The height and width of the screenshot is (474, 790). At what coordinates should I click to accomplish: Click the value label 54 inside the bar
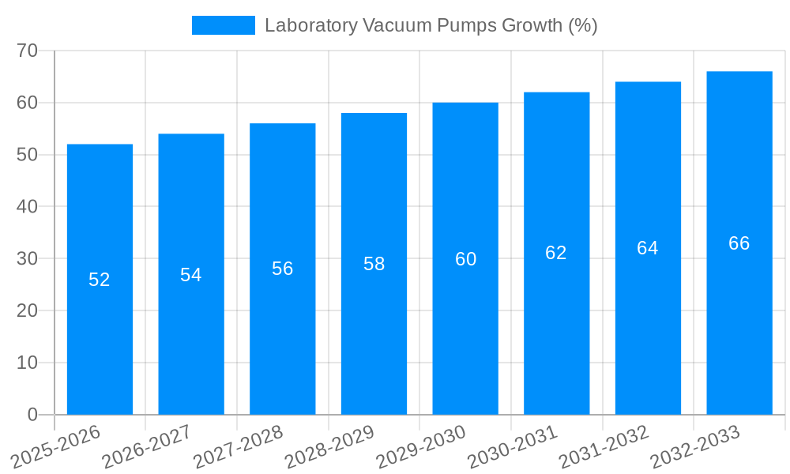click(x=191, y=275)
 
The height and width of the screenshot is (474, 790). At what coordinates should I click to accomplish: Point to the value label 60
click(x=465, y=259)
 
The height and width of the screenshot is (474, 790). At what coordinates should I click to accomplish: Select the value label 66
click(x=739, y=243)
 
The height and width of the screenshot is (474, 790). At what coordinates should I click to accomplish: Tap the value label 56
click(x=283, y=269)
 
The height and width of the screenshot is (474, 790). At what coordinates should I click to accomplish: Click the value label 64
click(x=647, y=248)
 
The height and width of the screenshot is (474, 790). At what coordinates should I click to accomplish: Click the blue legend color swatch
click(x=224, y=25)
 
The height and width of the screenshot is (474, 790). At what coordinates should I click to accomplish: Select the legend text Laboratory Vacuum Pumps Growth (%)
click(x=431, y=25)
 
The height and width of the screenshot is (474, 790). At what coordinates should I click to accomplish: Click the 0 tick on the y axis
click(x=32, y=414)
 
